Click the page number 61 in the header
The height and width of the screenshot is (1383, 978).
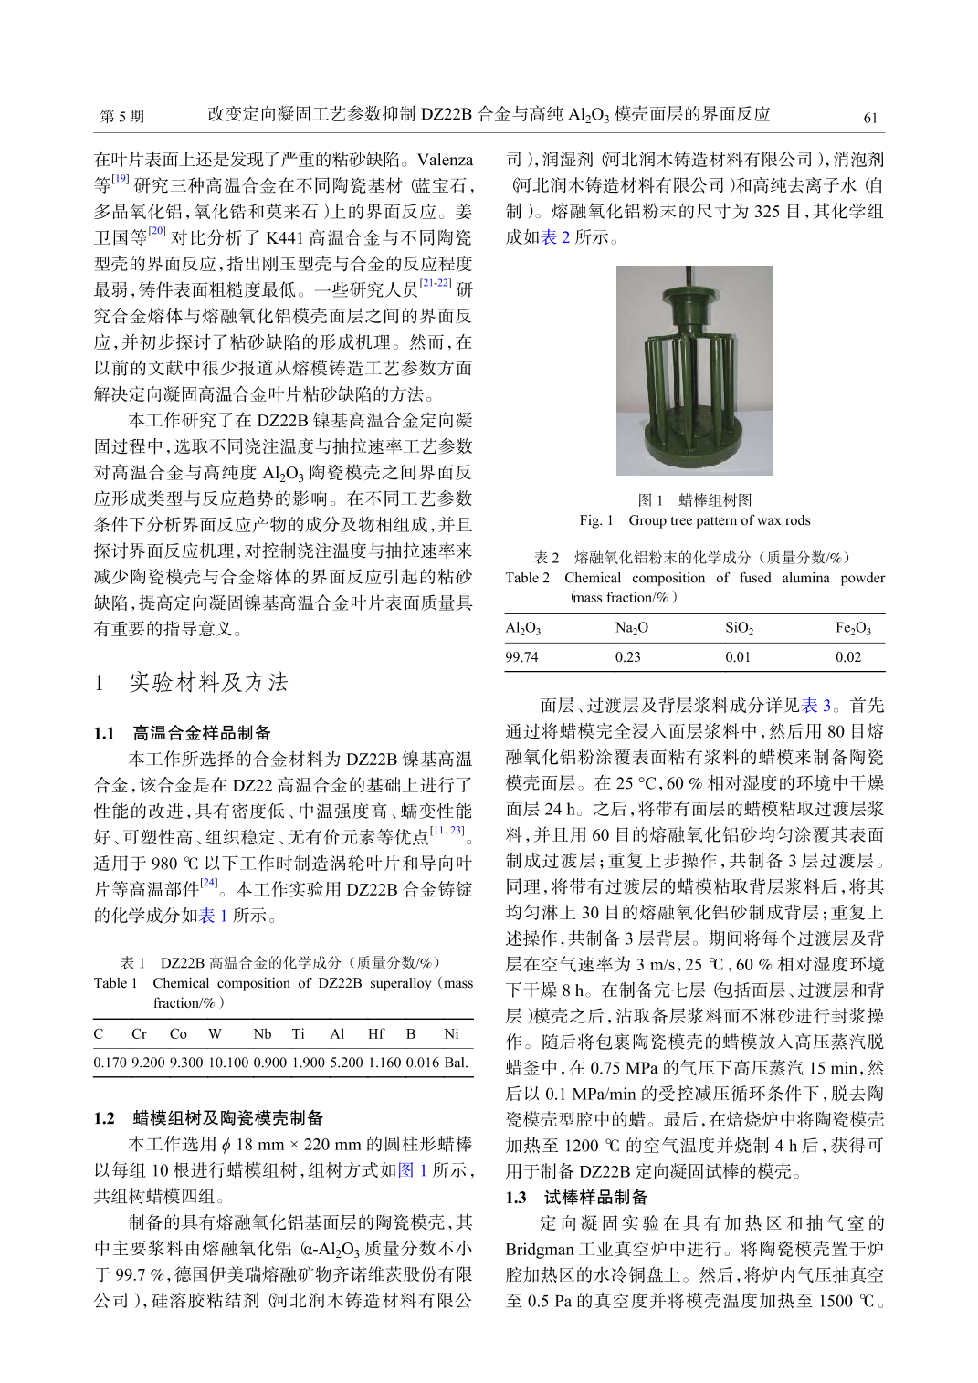[x=870, y=118]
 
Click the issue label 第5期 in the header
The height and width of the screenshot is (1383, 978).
[x=121, y=117]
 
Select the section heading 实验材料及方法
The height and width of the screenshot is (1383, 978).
[x=208, y=682]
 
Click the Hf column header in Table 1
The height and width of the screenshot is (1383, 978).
[x=376, y=1033]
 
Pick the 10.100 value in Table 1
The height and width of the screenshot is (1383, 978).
[x=228, y=1062]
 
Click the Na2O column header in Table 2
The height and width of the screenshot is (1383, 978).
[x=631, y=628]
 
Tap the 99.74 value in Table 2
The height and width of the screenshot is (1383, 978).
[x=522, y=657]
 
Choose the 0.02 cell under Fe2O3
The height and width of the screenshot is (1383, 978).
[x=848, y=657]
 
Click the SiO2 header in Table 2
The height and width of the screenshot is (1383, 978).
[x=739, y=628]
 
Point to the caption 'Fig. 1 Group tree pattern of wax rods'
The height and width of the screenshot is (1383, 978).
[x=694, y=520]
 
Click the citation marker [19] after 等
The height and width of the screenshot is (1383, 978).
[x=121, y=180]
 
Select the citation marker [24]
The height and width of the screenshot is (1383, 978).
[x=209, y=883]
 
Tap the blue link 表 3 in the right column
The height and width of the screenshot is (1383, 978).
[x=815, y=705]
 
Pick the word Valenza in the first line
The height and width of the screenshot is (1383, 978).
[x=445, y=160]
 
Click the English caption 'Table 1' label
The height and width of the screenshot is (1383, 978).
[x=115, y=983]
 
